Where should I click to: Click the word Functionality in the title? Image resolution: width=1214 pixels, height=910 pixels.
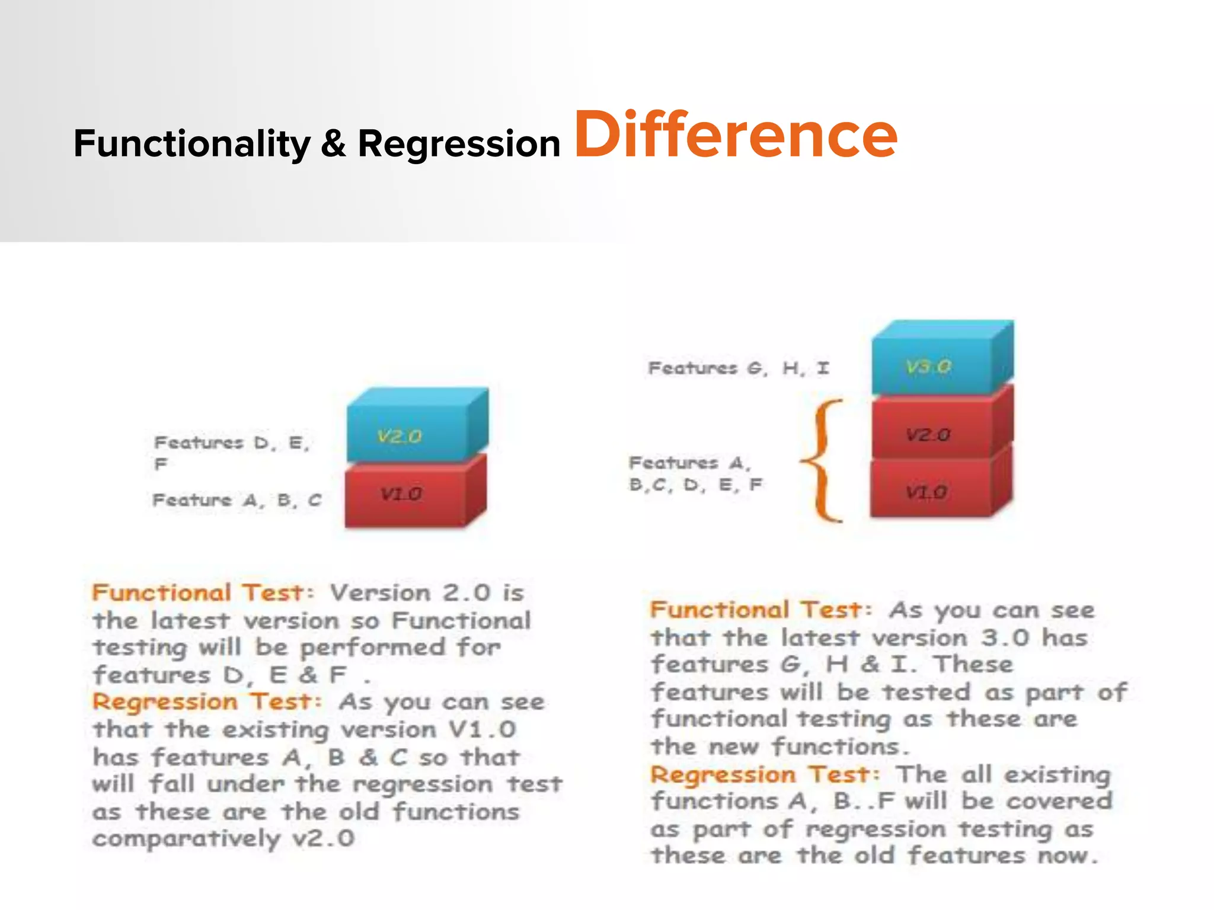click(191, 144)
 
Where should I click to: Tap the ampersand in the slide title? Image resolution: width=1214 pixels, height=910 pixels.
click(334, 144)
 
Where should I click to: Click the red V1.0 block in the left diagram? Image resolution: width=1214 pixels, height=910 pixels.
click(409, 495)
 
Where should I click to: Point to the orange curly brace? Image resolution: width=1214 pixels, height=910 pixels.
click(824, 461)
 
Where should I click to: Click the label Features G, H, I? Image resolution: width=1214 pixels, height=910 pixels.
click(738, 369)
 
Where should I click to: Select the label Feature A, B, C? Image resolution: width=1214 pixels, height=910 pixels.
click(237, 501)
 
